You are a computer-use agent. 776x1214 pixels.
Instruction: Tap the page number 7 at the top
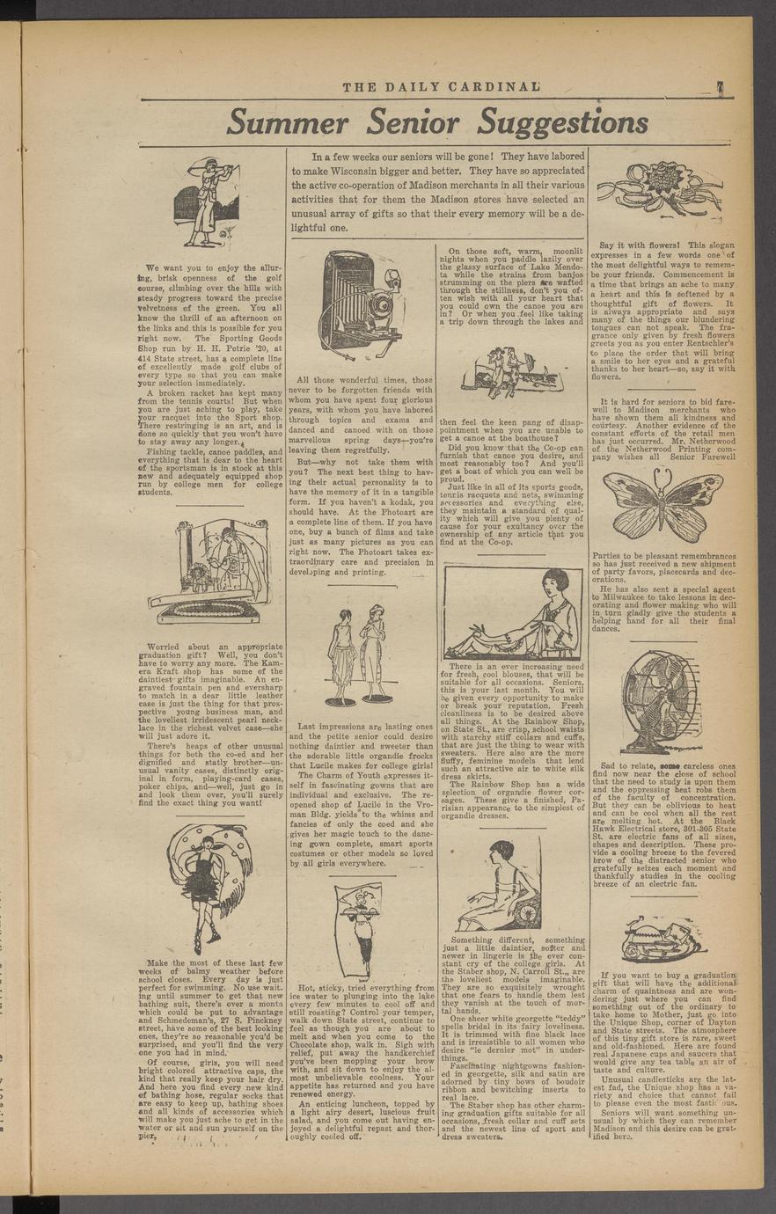pyautogui.click(x=719, y=86)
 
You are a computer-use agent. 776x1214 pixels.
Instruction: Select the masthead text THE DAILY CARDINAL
pyautogui.click(x=441, y=86)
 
